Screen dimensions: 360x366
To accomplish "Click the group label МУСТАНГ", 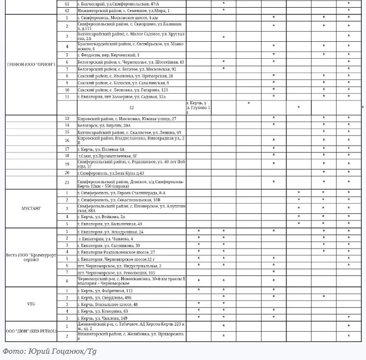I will tap(31, 209).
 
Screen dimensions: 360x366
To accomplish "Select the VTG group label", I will tap(31, 304).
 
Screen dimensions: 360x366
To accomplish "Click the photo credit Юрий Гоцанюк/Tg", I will tap(50, 351).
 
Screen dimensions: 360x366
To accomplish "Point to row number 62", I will tap(67, 10).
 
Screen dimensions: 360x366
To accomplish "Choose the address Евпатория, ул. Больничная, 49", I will tap(112, 224).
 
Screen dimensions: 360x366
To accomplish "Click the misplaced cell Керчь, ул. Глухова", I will tap(198, 108).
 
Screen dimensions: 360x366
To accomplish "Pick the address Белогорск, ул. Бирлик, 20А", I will tap(103, 125).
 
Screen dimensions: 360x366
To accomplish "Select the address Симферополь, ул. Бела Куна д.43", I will tap(111, 173).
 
